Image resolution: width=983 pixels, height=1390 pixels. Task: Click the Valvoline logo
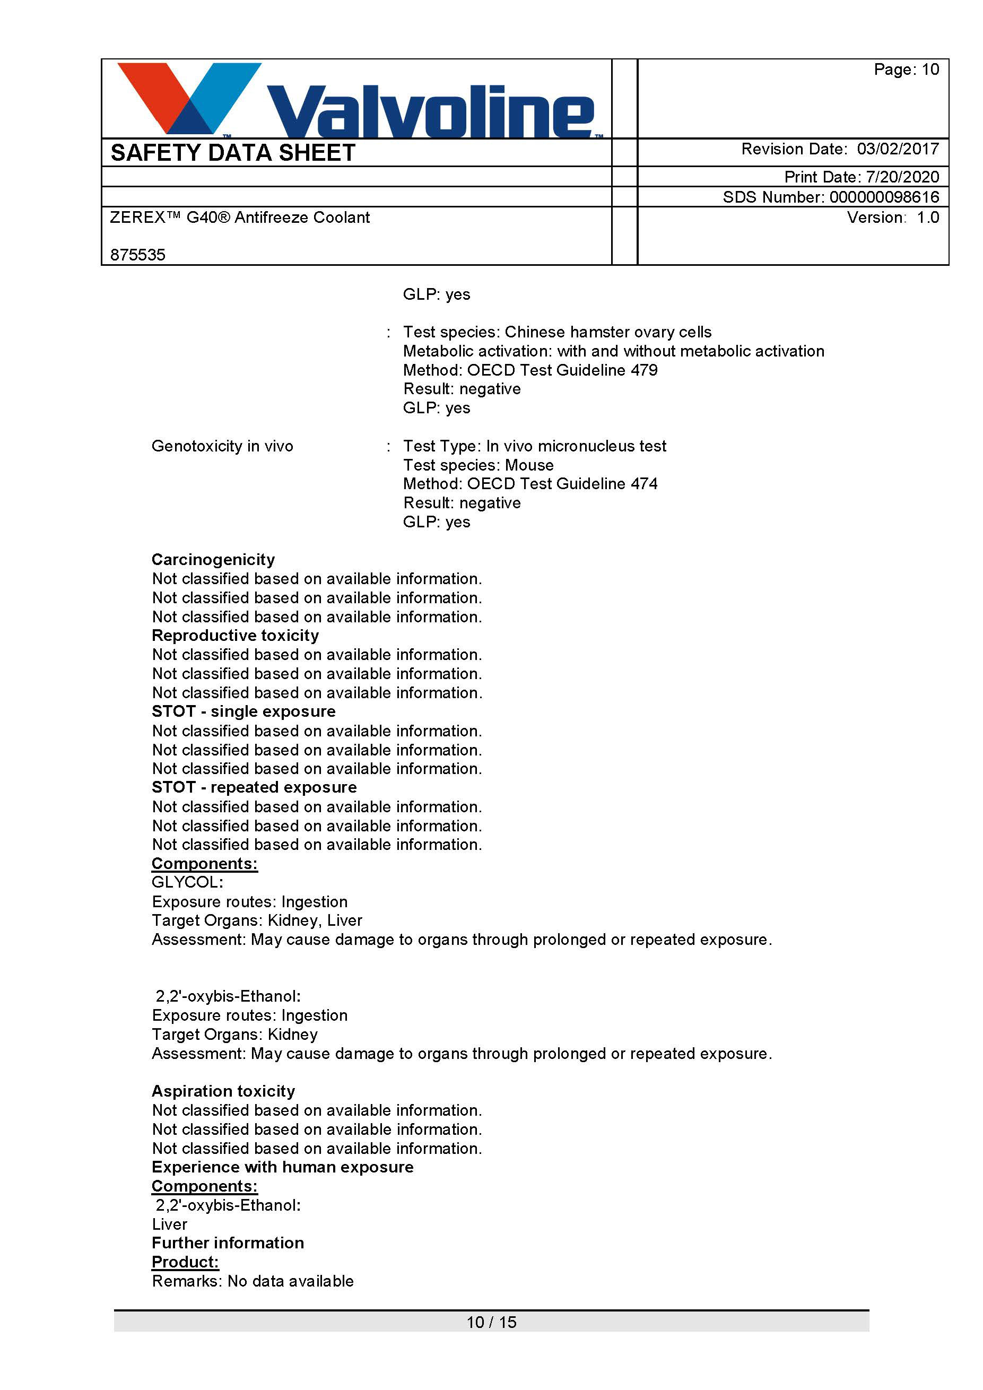click(357, 100)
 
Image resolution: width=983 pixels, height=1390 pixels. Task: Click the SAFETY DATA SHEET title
click(233, 153)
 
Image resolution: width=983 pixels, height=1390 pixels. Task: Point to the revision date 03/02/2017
click(898, 149)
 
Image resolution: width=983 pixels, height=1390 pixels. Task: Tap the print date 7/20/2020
click(902, 177)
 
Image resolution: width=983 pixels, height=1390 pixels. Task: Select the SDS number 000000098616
click(884, 197)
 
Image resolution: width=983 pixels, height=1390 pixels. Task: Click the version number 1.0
click(927, 218)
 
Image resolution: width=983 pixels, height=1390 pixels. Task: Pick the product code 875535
click(138, 255)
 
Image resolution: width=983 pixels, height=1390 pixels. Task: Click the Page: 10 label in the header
click(906, 69)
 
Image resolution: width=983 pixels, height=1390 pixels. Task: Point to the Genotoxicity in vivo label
click(222, 446)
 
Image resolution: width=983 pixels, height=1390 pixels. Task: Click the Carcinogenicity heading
click(213, 559)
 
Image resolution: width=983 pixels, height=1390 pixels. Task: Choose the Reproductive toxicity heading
click(235, 635)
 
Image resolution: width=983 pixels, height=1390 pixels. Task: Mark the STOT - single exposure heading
click(243, 711)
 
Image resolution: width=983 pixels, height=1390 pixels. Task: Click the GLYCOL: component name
click(188, 882)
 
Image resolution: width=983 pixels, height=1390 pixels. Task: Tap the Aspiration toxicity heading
click(223, 1091)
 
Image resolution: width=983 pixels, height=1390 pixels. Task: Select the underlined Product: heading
click(185, 1262)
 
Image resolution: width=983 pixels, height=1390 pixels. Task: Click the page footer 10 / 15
click(491, 1322)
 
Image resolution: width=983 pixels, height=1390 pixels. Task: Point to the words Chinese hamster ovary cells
click(608, 332)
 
